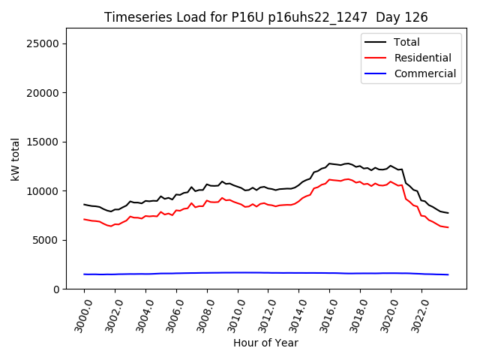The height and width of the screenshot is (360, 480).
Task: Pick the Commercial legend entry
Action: pyautogui.click(x=424, y=73)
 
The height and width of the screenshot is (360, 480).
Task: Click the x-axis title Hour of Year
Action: pyautogui.click(x=265, y=343)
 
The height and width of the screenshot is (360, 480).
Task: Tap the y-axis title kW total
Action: pyautogui.click(x=15, y=159)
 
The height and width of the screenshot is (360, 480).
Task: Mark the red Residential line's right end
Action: pyautogui.click(x=448, y=227)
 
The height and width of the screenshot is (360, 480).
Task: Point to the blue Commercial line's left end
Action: pyautogui.click(x=84, y=274)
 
